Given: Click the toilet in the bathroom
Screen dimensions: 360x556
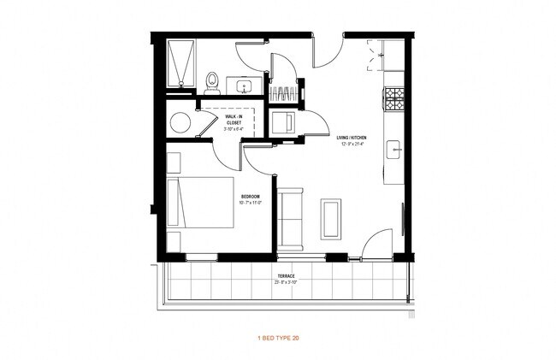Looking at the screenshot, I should [212, 81].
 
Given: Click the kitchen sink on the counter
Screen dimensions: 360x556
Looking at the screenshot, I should [394, 149].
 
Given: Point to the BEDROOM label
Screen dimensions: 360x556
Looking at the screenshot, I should [250, 197].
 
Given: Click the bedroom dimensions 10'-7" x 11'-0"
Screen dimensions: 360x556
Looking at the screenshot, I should [250, 204].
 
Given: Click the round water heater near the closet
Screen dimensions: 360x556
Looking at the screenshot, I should [180, 121].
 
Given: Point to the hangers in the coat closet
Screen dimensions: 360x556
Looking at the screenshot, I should [286, 91].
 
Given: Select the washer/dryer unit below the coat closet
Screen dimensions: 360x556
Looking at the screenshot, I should [284, 122].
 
